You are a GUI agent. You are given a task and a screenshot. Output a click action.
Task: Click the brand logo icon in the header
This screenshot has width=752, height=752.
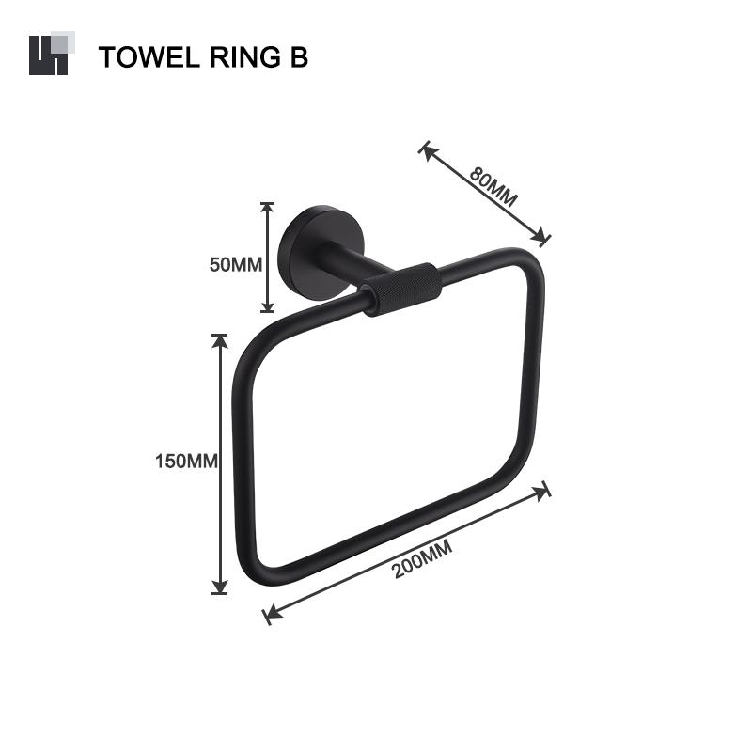(x=49, y=54)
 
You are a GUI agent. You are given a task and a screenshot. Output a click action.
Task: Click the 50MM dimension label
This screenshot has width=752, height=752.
(x=235, y=264)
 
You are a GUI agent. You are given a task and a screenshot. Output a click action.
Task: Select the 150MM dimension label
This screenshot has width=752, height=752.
(x=186, y=462)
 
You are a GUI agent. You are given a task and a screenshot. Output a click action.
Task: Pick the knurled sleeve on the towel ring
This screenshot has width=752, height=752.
(x=402, y=289)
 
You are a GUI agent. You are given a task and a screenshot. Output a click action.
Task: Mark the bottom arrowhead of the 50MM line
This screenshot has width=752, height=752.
(x=267, y=306)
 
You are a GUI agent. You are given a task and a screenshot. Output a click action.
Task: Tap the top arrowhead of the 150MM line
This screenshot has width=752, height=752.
(x=220, y=339)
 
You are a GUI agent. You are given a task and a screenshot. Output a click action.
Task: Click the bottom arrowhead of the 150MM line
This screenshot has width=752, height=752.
(x=220, y=587)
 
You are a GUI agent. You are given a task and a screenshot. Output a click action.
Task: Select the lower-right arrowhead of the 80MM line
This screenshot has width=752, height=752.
(x=542, y=239)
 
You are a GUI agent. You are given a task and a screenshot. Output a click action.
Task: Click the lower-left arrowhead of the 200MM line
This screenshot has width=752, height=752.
(x=270, y=616)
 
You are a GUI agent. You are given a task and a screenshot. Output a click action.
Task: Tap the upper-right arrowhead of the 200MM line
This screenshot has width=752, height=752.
(x=543, y=489)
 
